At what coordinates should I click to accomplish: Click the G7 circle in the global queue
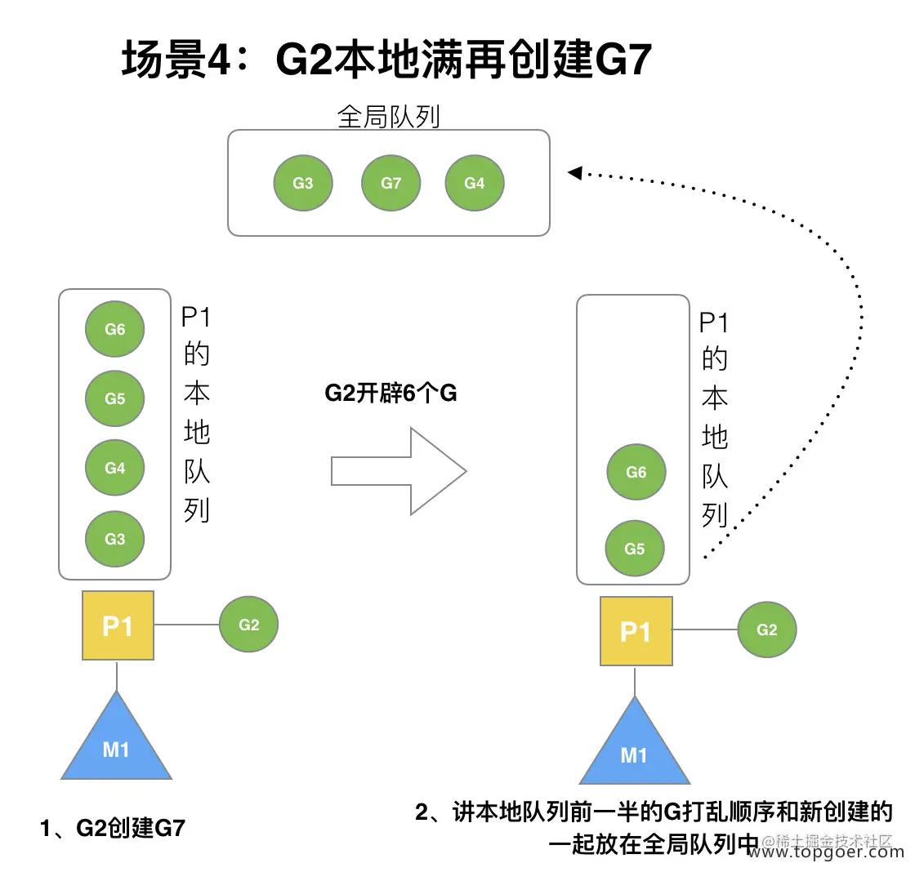pyautogui.click(x=391, y=184)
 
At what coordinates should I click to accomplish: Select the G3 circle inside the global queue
pyautogui.click(x=303, y=184)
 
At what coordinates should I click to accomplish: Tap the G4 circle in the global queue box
pyautogui.click(x=475, y=184)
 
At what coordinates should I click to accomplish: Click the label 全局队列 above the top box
pyautogui.click(x=389, y=117)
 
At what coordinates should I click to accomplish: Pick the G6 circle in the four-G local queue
pyautogui.click(x=115, y=329)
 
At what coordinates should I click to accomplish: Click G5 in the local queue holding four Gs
pyautogui.click(x=115, y=398)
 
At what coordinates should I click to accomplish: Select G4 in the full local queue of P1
pyautogui.click(x=115, y=469)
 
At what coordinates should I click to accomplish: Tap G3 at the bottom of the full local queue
pyautogui.click(x=115, y=539)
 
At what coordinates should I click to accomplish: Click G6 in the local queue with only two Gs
pyautogui.click(x=636, y=471)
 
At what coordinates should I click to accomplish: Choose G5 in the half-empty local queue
pyautogui.click(x=635, y=549)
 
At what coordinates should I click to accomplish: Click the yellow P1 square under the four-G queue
pyautogui.click(x=118, y=625)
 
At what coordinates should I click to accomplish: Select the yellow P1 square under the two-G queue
pyautogui.click(x=636, y=632)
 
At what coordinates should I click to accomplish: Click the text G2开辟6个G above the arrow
pyautogui.click(x=391, y=394)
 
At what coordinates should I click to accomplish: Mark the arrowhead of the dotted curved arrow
pyautogui.click(x=574, y=172)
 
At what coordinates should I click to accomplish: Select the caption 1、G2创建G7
pyautogui.click(x=113, y=829)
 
